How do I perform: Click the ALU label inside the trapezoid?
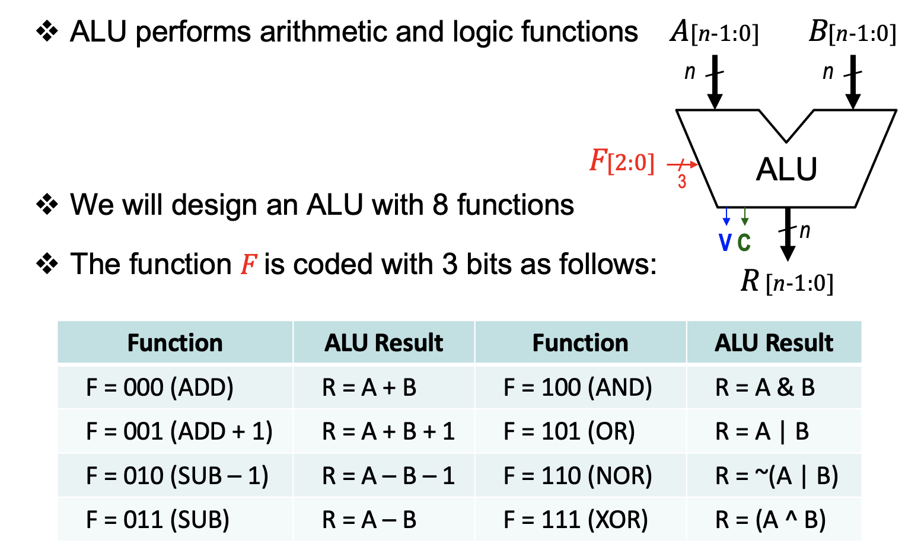pos(786,170)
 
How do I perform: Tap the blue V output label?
pos(725,243)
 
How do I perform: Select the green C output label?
pos(744,243)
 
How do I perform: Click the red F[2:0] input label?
pos(622,161)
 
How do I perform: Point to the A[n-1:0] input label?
pos(714,32)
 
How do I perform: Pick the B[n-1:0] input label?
pos(852,32)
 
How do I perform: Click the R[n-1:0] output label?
pos(787,282)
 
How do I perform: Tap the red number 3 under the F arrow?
pos(682,182)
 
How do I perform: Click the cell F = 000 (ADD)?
pos(160,387)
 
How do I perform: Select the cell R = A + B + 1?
pos(388,431)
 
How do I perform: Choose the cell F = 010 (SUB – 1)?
pos(177,476)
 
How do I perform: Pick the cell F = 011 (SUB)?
pos(157,520)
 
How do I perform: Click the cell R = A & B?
pos(764,387)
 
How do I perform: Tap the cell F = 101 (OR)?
pos(569,431)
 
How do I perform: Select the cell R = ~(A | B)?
pos(776,476)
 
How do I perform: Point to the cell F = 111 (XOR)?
pos(575,520)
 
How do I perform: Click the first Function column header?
pos(175,343)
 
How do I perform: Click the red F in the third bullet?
pos(248,265)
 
